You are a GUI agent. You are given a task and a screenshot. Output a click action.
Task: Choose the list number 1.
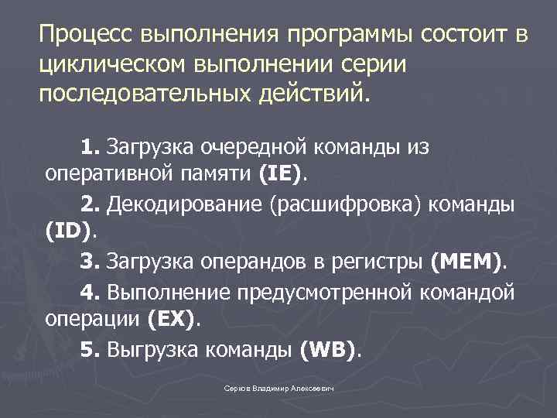click(91, 146)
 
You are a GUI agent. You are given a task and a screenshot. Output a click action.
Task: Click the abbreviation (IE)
click(280, 174)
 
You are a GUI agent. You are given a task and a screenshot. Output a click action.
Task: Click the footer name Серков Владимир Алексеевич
click(278, 389)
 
